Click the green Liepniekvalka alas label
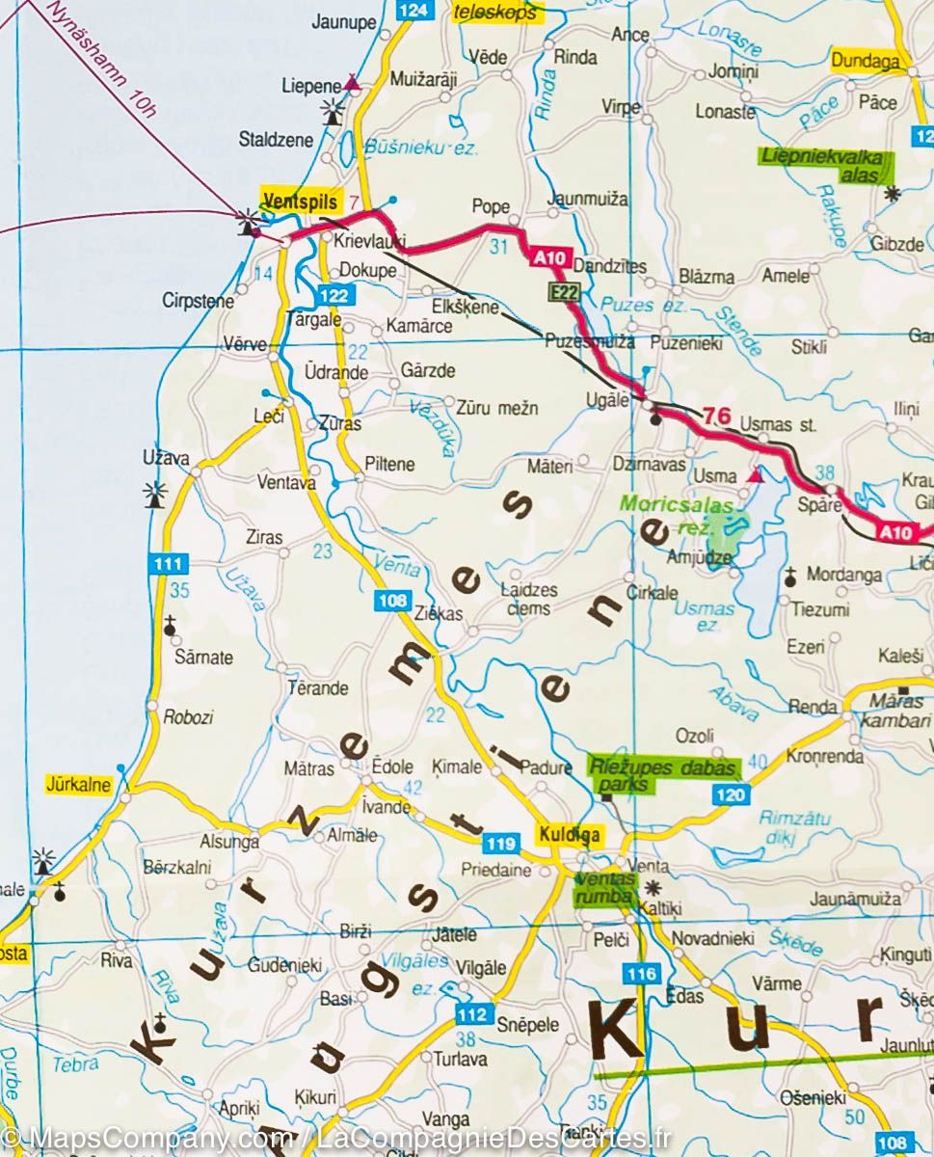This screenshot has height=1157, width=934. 825,165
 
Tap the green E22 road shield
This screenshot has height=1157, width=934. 564,290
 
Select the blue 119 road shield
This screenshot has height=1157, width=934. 500,845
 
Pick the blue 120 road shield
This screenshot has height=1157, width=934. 731,794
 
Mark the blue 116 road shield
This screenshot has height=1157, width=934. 642,974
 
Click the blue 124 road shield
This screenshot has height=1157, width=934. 413,11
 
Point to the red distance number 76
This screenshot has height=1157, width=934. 715,417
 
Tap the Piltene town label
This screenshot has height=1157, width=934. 389,464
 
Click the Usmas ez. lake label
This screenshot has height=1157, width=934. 704,616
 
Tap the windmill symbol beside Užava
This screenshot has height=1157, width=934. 154,494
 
